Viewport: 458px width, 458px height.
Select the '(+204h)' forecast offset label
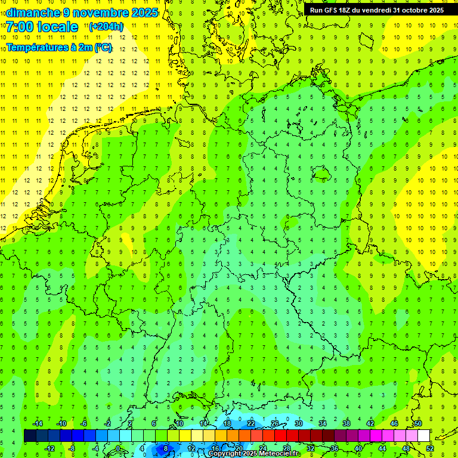coord(106,26)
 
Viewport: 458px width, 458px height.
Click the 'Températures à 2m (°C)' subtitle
coord(59,47)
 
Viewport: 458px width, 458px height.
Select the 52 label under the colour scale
coord(429,448)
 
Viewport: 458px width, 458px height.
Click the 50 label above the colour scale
coord(418,423)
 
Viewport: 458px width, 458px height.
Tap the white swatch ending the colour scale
coord(423,436)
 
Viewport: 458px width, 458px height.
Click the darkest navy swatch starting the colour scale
coord(30,436)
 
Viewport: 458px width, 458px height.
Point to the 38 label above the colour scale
coord(346,423)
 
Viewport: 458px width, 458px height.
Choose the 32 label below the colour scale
coord(311,448)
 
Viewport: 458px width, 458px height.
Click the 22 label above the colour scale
coord(251,423)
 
